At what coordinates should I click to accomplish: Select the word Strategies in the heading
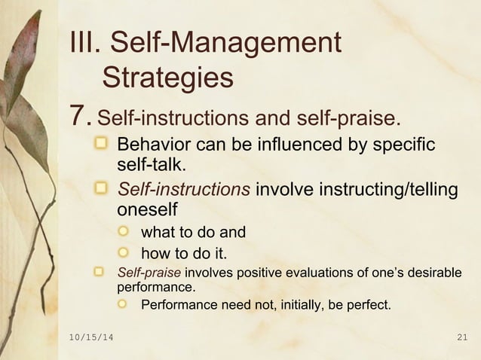(x=167, y=78)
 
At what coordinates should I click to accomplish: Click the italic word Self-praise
(x=148, y=273)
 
